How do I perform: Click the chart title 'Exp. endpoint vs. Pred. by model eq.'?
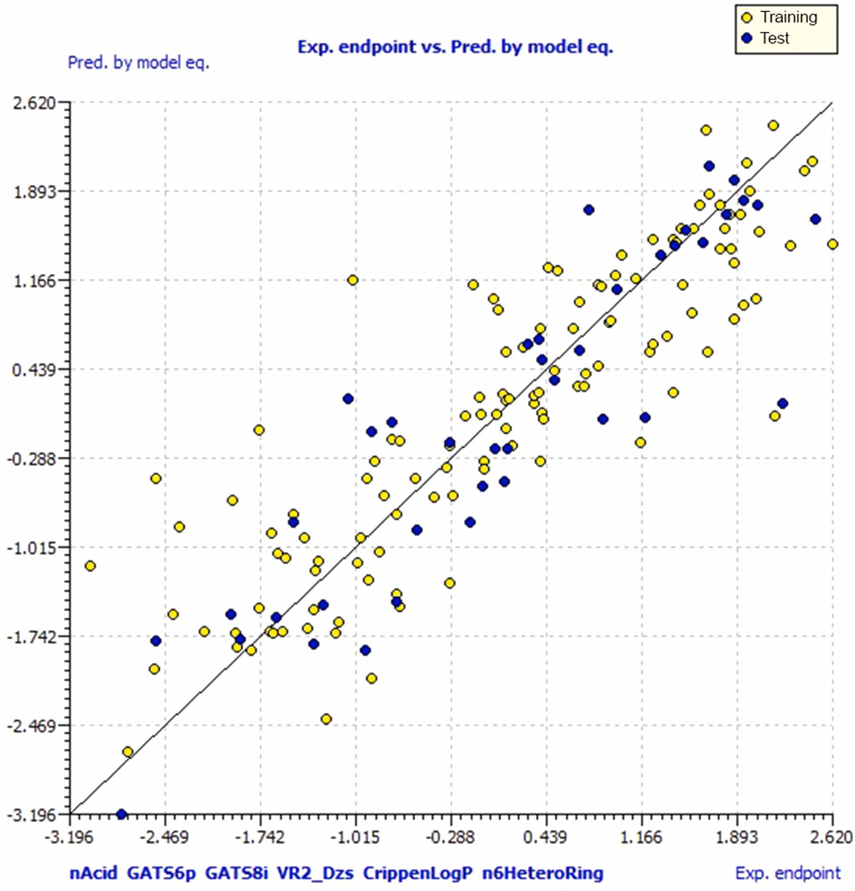point(455,47)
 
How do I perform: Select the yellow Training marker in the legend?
point(746,18)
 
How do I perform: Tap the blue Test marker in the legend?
point(746,38)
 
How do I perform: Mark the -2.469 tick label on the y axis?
point(36,726)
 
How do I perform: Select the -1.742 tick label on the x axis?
point(260,837)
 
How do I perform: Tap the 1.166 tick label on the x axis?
point(642,837)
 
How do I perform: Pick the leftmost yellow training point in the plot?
point(90,566)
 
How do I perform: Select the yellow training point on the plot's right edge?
point(833,244)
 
